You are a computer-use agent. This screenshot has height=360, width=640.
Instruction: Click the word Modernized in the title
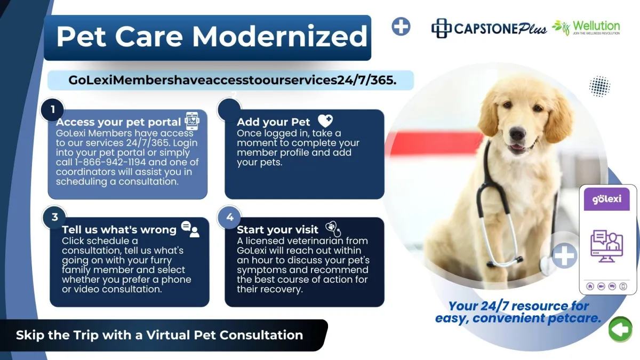[x=279, y=36]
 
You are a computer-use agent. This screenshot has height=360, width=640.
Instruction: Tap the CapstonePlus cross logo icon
[x=441, y=28]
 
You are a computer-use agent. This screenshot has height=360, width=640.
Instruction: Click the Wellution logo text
[x=596, y=26]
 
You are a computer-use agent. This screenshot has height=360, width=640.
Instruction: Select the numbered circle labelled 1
[x=53, y=109]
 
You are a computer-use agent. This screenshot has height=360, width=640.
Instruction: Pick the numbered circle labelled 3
[x=54, y=217]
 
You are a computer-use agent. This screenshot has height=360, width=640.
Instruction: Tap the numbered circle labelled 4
[x=229, y=217]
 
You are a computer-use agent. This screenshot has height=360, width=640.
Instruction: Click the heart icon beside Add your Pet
[x=325, y=121]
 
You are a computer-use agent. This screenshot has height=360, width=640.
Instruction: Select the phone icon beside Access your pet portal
[x=192, y=121]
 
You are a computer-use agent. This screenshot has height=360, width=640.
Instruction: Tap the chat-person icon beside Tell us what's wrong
[x=190, y=229]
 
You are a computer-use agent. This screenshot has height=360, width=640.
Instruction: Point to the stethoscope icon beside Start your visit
[x=333, y=229]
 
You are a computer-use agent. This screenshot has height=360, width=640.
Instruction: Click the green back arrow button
[x=620, y=330]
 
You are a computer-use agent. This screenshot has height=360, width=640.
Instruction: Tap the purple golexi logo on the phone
[x=606, y=199]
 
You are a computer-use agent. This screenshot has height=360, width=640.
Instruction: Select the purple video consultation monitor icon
[x=606, y=246]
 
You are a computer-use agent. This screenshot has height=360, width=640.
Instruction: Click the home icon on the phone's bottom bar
[x=590, y=286]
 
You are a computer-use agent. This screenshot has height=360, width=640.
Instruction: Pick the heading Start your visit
[x=277, y=229]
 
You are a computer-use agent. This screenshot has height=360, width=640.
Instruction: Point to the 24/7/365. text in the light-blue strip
[x=367, y=81]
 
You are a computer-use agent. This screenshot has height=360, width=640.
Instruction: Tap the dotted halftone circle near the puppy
[x=599, y=86]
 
